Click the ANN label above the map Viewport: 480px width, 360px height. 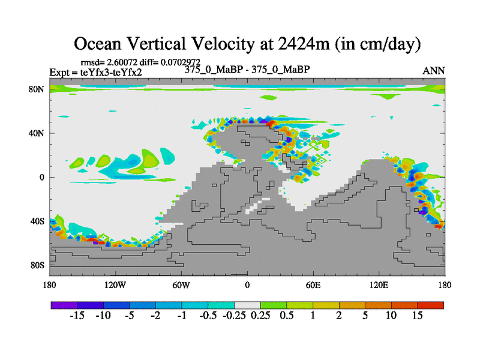click(x=434, y=71)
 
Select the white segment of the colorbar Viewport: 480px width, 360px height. click(x=247, y=305)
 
